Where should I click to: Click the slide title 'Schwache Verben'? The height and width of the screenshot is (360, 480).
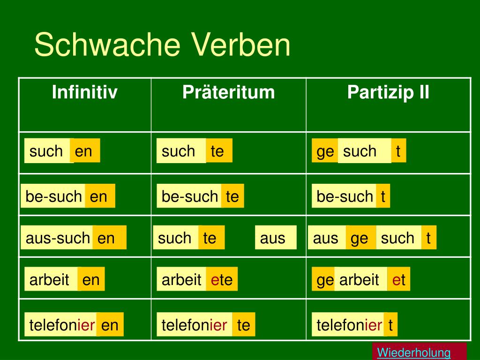click(162, 45)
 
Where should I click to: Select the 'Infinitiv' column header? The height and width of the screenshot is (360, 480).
click(85, 92)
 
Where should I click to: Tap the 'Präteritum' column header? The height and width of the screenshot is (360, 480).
click(229, 92)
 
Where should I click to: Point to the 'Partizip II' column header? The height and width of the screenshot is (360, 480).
click(388, 92)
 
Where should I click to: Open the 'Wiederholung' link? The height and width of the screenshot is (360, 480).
click(414, 352)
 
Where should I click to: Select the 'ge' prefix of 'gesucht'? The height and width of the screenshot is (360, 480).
click(325, 150)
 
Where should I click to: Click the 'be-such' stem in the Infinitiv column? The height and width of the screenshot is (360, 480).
click(53, 196)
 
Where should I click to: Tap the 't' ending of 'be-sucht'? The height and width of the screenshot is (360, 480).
click(383, 196)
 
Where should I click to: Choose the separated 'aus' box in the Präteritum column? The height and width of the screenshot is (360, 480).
click(276, 238)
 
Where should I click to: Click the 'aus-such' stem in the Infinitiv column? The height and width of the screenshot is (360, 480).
click(57, 238)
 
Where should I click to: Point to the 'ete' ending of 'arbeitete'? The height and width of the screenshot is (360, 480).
click(222, 279)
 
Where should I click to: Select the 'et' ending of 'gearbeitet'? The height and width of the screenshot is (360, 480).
click(398, 279)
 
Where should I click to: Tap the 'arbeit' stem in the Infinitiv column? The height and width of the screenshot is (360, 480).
click(51, 279)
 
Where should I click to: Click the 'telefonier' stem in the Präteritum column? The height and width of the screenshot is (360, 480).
click(195, 324)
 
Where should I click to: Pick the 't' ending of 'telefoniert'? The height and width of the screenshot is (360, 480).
click(390, 324)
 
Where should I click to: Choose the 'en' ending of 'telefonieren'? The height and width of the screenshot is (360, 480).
click(110, 324)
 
